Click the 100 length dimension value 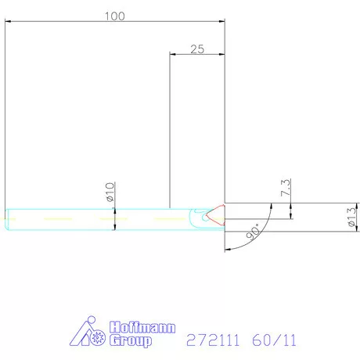pyautogui.click(x=114, y=16)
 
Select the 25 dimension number pyautogui.click(x=197, y=49)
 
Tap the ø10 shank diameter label pyautogui.click(x=110, y=190)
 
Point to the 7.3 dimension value pyautogui.click(x=285, y=188)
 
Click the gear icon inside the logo pyautogui.click(x=98, y=340)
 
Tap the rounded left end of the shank pyautogui.click(x=8, y=220)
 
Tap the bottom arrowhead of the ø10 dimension pyautogui.click(x=115, y=227)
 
